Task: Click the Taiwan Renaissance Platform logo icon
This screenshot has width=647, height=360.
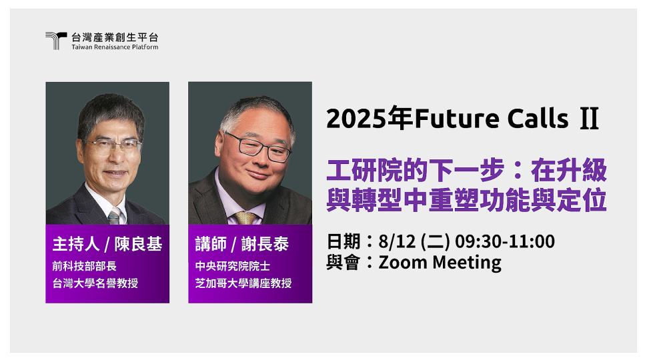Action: [56, 41]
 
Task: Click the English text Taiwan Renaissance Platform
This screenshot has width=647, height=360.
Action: [115, 47]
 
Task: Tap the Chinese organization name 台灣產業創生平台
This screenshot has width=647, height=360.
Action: [115, 37]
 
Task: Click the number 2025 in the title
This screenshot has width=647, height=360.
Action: [357, 119]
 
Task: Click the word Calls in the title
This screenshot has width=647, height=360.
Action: [538, 118]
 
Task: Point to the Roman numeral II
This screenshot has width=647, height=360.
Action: [589, 119]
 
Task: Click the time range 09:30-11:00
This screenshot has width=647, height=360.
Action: [505, 241]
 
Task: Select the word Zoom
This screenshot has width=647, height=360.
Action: [403, 262]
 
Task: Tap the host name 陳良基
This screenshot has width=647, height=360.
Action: [138, 244]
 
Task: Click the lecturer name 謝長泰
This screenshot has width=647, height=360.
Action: [265, 244]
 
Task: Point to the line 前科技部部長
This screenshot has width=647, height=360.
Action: [84, 266]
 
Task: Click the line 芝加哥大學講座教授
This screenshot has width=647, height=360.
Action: [243, 283]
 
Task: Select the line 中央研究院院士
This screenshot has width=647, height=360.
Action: [233, 266]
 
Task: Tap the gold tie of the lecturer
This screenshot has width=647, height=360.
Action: [245, 218]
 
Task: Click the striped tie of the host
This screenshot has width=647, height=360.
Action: [114, 217]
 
